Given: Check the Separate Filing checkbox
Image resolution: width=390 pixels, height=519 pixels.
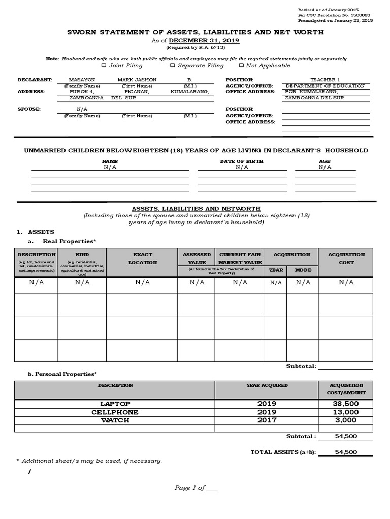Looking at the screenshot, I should (173, 65).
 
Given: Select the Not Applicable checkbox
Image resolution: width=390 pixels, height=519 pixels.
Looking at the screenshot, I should (241, 65).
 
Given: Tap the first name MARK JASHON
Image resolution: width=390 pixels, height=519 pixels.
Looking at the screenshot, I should (137, 80).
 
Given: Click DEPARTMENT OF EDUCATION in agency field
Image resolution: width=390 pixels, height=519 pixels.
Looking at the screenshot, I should (325, 86).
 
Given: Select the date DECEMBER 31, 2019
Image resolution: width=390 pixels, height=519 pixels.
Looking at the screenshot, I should (204, 40).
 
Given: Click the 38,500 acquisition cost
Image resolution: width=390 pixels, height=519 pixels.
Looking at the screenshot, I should (346, 404).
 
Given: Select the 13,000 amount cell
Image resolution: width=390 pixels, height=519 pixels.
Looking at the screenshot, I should (346, 412).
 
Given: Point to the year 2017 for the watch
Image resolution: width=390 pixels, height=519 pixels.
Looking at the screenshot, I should (267, 420).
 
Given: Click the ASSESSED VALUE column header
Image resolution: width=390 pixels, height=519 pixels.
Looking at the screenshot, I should (196, 258).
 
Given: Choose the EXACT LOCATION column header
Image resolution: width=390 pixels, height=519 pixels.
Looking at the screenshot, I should (142, 258).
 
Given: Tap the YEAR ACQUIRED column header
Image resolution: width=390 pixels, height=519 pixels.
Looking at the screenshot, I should (267, 385).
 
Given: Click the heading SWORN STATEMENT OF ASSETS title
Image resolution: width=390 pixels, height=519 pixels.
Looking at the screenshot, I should (196, 32).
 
